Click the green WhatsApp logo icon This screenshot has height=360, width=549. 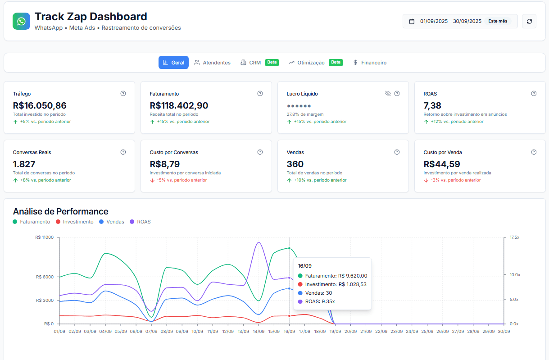21,21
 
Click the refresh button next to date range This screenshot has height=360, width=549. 529,21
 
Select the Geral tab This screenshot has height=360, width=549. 173,63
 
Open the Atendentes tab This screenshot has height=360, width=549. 212,63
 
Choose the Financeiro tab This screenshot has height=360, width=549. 369,63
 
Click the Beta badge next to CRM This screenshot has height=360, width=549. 272,62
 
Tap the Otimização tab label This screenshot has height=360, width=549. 310,63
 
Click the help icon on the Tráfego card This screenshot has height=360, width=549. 123,94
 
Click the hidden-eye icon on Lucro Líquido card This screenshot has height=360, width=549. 388,94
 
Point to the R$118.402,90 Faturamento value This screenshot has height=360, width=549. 179,106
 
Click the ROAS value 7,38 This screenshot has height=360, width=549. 432,106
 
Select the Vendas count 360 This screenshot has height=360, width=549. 295,164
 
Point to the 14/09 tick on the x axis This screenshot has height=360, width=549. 259,332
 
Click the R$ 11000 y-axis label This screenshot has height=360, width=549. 44,237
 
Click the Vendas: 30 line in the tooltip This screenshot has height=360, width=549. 318,293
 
